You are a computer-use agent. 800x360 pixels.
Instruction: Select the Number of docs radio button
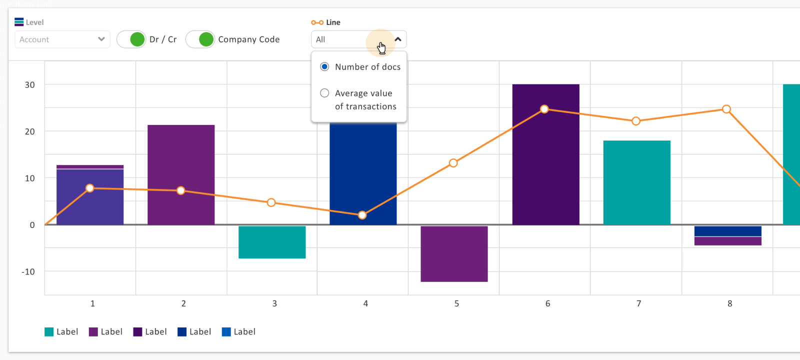[324, 66]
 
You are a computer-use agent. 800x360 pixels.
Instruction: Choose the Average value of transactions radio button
[324, 93]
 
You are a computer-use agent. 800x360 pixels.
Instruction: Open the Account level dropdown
[62, 39]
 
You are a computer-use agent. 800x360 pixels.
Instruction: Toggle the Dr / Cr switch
[131, 39]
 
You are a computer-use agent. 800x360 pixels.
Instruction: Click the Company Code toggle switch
[200, 39]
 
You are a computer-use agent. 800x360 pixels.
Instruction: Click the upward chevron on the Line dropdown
[398, 39]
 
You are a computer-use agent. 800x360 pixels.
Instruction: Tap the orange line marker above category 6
[544, 109]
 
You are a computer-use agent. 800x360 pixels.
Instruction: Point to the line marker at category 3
[271, 202]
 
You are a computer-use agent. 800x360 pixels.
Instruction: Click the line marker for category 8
[726, 109]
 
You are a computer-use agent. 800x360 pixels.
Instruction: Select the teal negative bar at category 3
[272, 242]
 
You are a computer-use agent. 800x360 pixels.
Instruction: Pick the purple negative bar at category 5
[454, 254]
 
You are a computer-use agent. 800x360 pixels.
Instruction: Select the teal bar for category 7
[636, 182]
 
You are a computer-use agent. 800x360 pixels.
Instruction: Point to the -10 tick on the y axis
[28, 271]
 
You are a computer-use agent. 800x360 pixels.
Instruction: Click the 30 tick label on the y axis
[30, 84]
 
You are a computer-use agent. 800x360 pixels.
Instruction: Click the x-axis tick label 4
[365, 303]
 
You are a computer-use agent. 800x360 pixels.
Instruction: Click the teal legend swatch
[49, 332]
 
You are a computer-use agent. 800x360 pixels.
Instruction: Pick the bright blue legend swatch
[226, 332]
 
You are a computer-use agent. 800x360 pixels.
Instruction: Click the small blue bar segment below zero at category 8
[727, 231]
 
